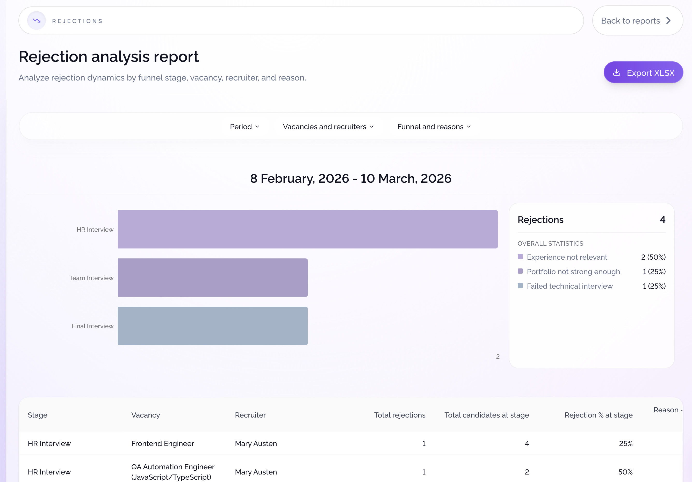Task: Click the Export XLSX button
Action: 643,72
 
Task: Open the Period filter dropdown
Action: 244,127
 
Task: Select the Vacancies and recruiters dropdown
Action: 328,127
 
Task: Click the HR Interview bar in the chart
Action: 307,229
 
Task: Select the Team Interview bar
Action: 212,277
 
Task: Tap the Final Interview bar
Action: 212,326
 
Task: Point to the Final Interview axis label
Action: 92,326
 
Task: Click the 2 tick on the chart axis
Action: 498,356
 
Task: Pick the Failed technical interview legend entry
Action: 569,286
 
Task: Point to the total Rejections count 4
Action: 662,219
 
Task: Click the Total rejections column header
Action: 399,415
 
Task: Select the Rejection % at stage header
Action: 598,415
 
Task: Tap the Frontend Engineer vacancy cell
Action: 162,443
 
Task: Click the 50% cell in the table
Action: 625,472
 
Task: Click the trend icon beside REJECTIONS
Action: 37,20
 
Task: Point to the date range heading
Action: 350,178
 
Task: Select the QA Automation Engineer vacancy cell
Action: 173,472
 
